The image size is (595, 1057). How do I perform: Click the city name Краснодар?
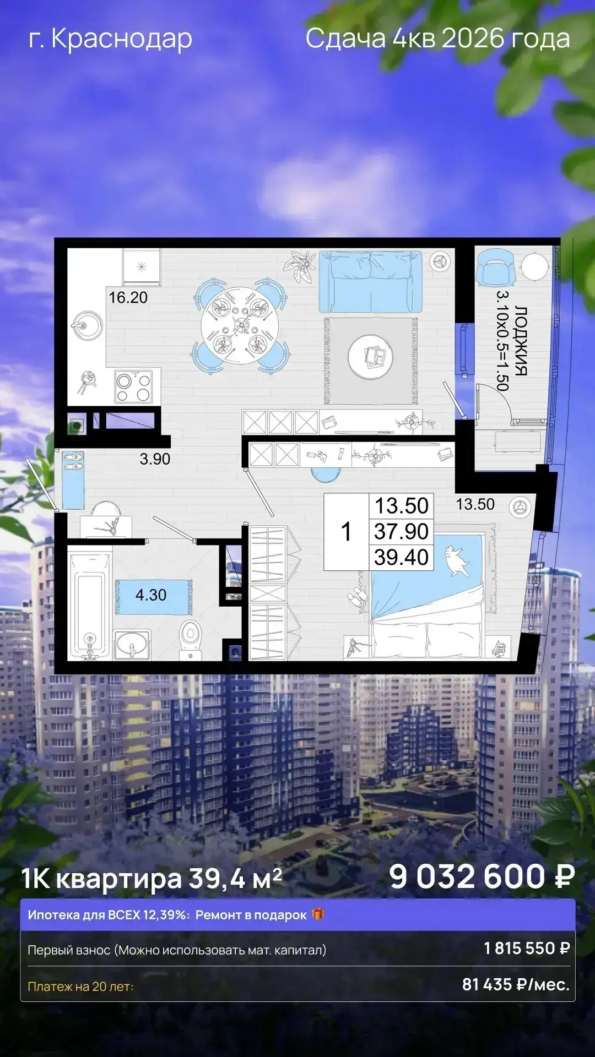pos(122,39)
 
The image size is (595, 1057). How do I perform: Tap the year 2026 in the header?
pos(472,38)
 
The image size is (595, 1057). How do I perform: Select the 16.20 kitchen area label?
pos(128,297)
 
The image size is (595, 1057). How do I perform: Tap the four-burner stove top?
pos(133,386)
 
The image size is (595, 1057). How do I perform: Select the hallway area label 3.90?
pos(155,459)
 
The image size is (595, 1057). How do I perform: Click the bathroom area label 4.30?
pos(151,595)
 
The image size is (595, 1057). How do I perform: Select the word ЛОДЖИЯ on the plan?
pos(521,341)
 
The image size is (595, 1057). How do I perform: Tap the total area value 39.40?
pos(401,557)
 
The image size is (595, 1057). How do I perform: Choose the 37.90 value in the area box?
pos(401,531)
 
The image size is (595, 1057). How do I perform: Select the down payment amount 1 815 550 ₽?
pos(527,948)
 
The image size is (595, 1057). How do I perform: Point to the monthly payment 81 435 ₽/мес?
pos(516,984)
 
